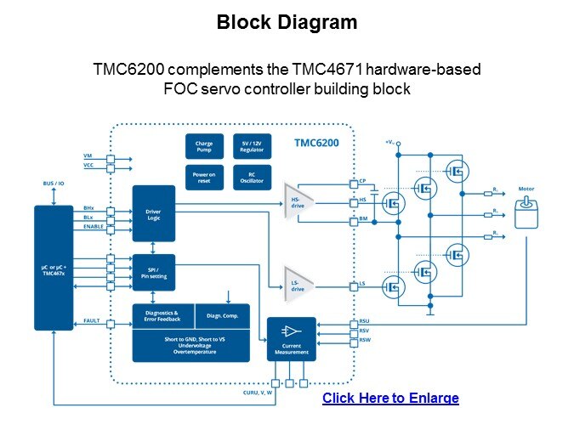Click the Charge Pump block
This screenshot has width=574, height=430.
point(204,146)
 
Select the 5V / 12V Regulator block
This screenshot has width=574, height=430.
point(251,146)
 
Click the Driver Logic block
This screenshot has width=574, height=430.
point(153,212)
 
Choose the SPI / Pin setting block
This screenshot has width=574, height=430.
point(153,273)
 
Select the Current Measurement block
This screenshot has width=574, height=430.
point(291,337)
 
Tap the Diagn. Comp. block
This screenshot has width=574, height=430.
point(223,315)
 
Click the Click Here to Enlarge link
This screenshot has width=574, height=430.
point(390,398)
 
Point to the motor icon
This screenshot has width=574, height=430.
point(529,212)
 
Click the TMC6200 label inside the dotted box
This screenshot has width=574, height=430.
point(316,143)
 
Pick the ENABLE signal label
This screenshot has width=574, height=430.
point(94,227)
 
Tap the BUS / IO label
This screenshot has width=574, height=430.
point(54,183)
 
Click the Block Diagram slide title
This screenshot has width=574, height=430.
point(287,23)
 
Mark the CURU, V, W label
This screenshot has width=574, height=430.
point(257,393)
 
